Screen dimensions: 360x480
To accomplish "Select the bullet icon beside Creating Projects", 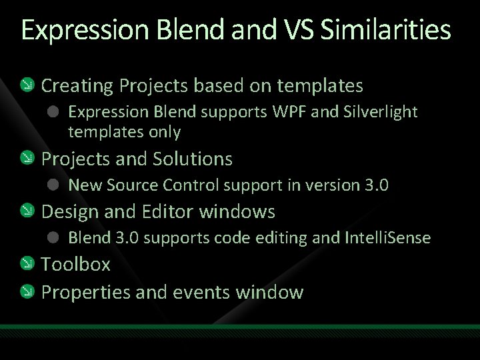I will pyautogui.click(x=27, y=85).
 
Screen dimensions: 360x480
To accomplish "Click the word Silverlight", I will pyautogui.click(x=378, y=112).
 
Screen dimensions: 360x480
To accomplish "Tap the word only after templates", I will pyautogui.click(x=165, y=132).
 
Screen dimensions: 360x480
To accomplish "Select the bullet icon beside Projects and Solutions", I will pyautogui.click(x=27, y=159).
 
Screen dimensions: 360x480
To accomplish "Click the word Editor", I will pyautogui.click(x=171, y=212).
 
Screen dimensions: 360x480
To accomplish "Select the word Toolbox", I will pyautogui.click(x=76, y=265).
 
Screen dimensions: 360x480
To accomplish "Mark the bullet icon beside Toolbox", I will pyautogui.click(x=27, y=265).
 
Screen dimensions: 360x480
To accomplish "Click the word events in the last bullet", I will pyautogui.click(x=198, y=292).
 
